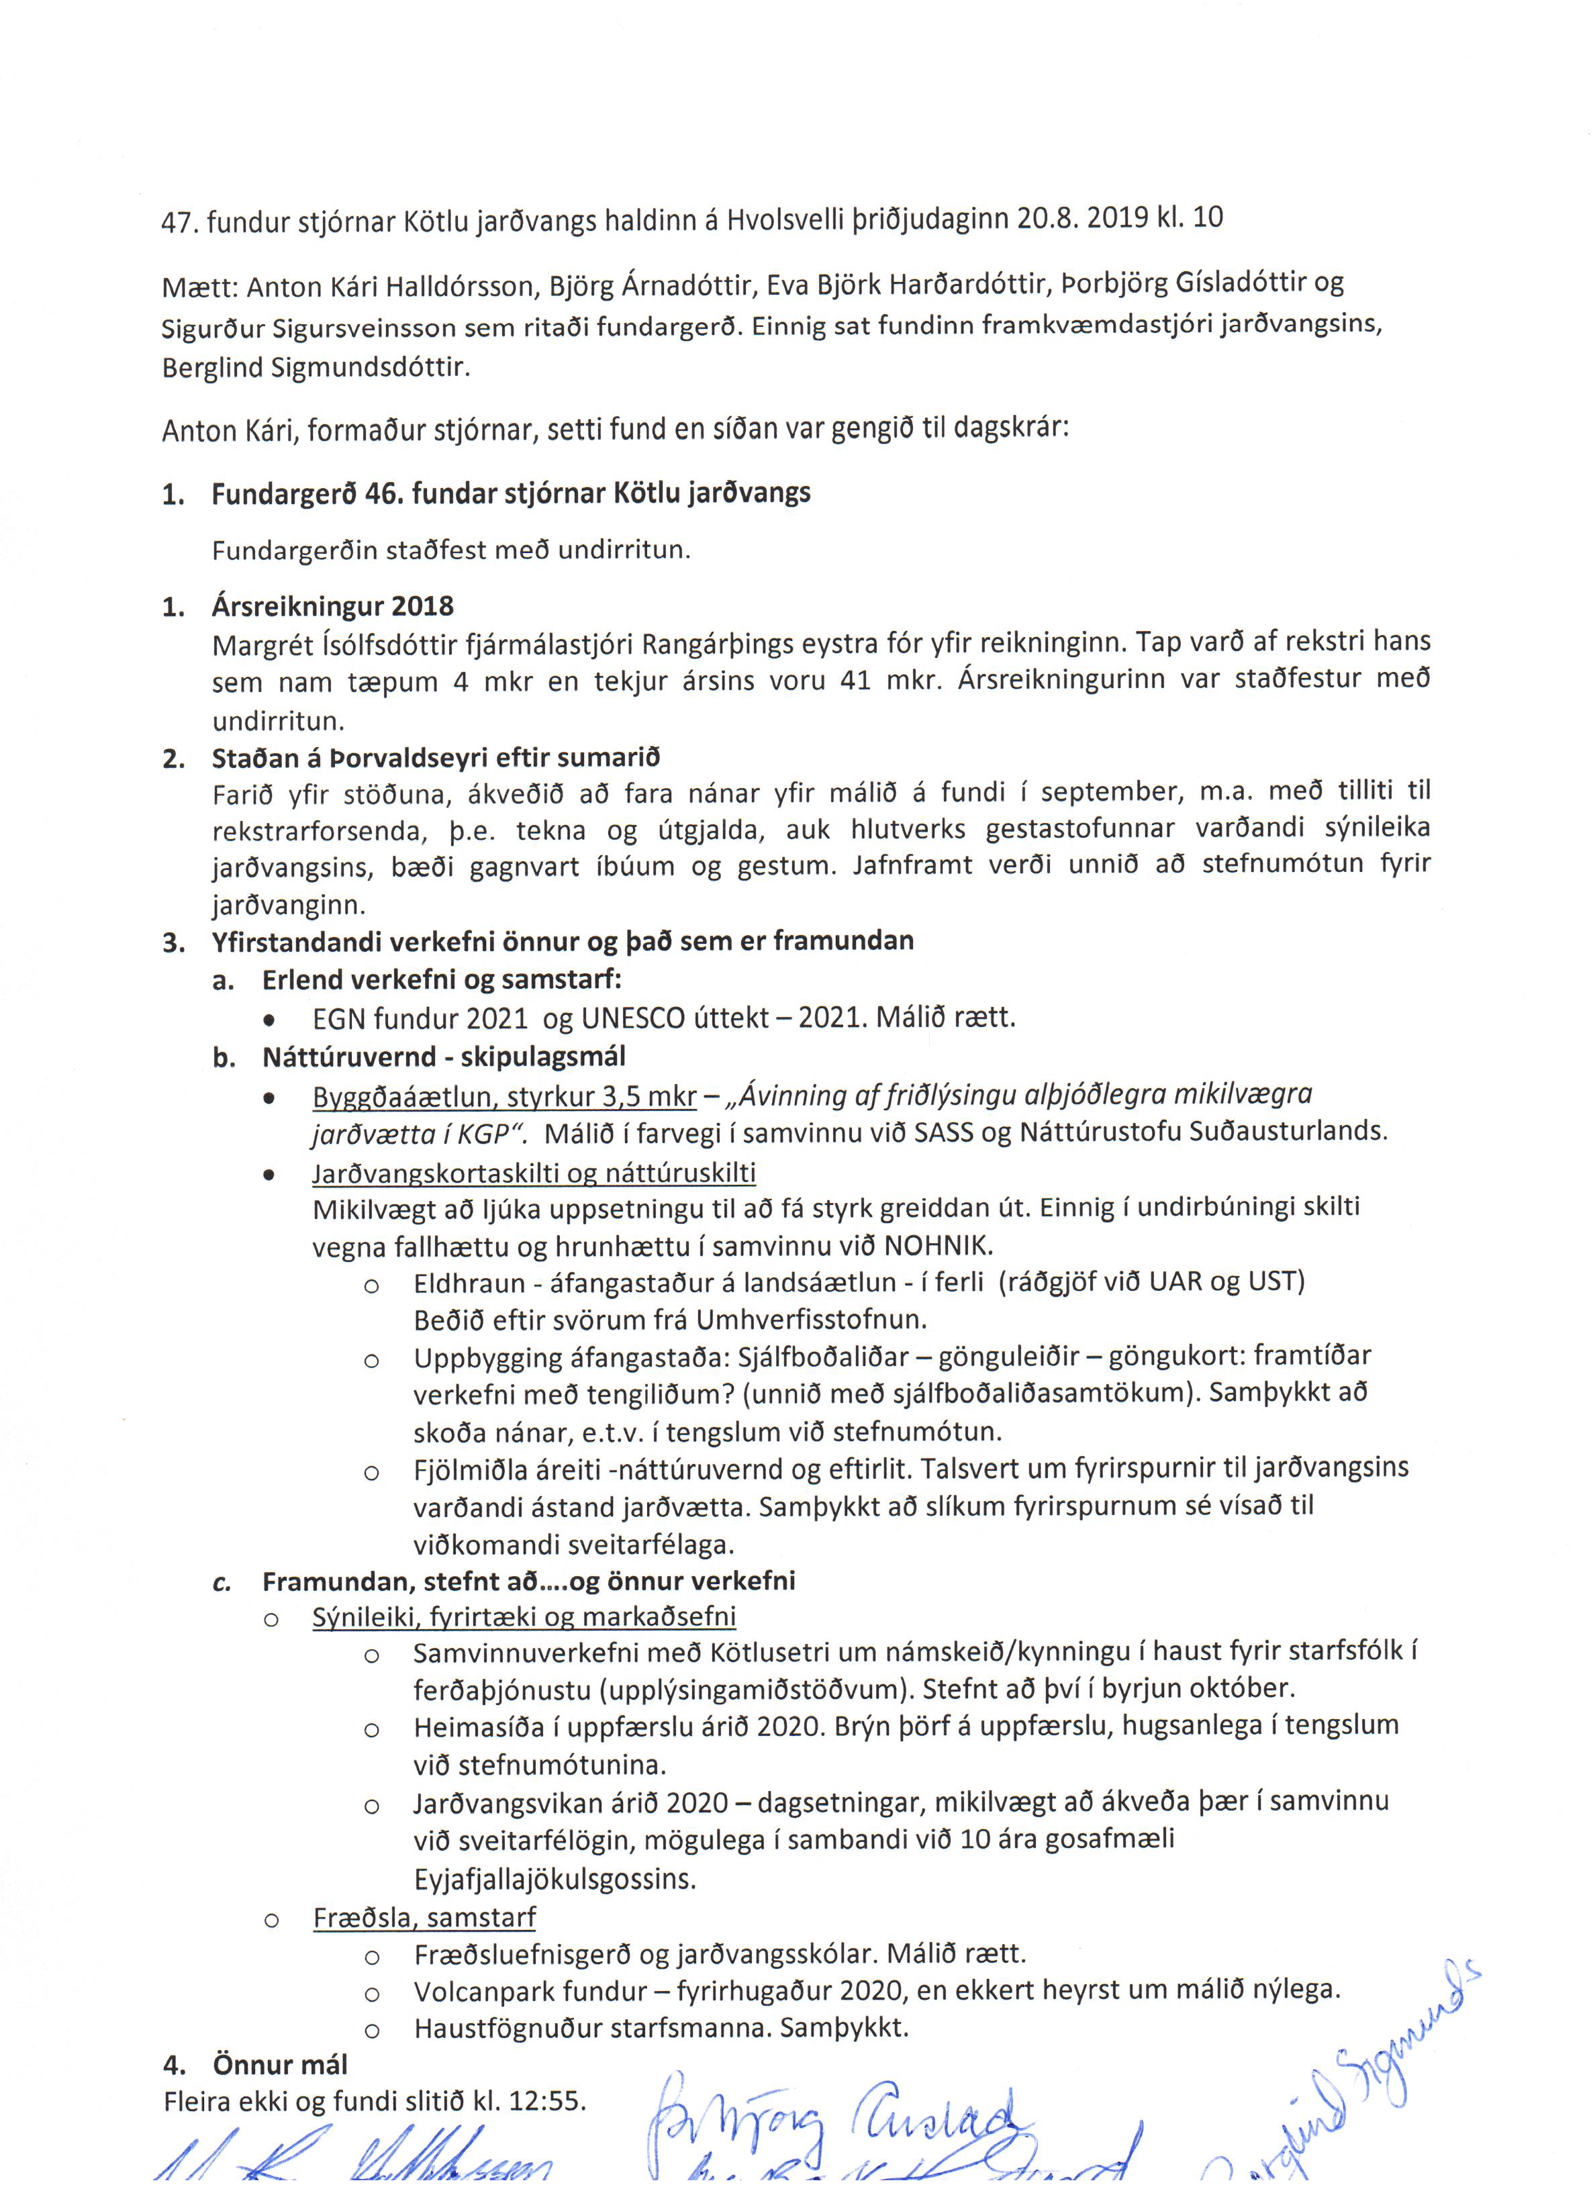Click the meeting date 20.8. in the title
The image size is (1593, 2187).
point(1047,218)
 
